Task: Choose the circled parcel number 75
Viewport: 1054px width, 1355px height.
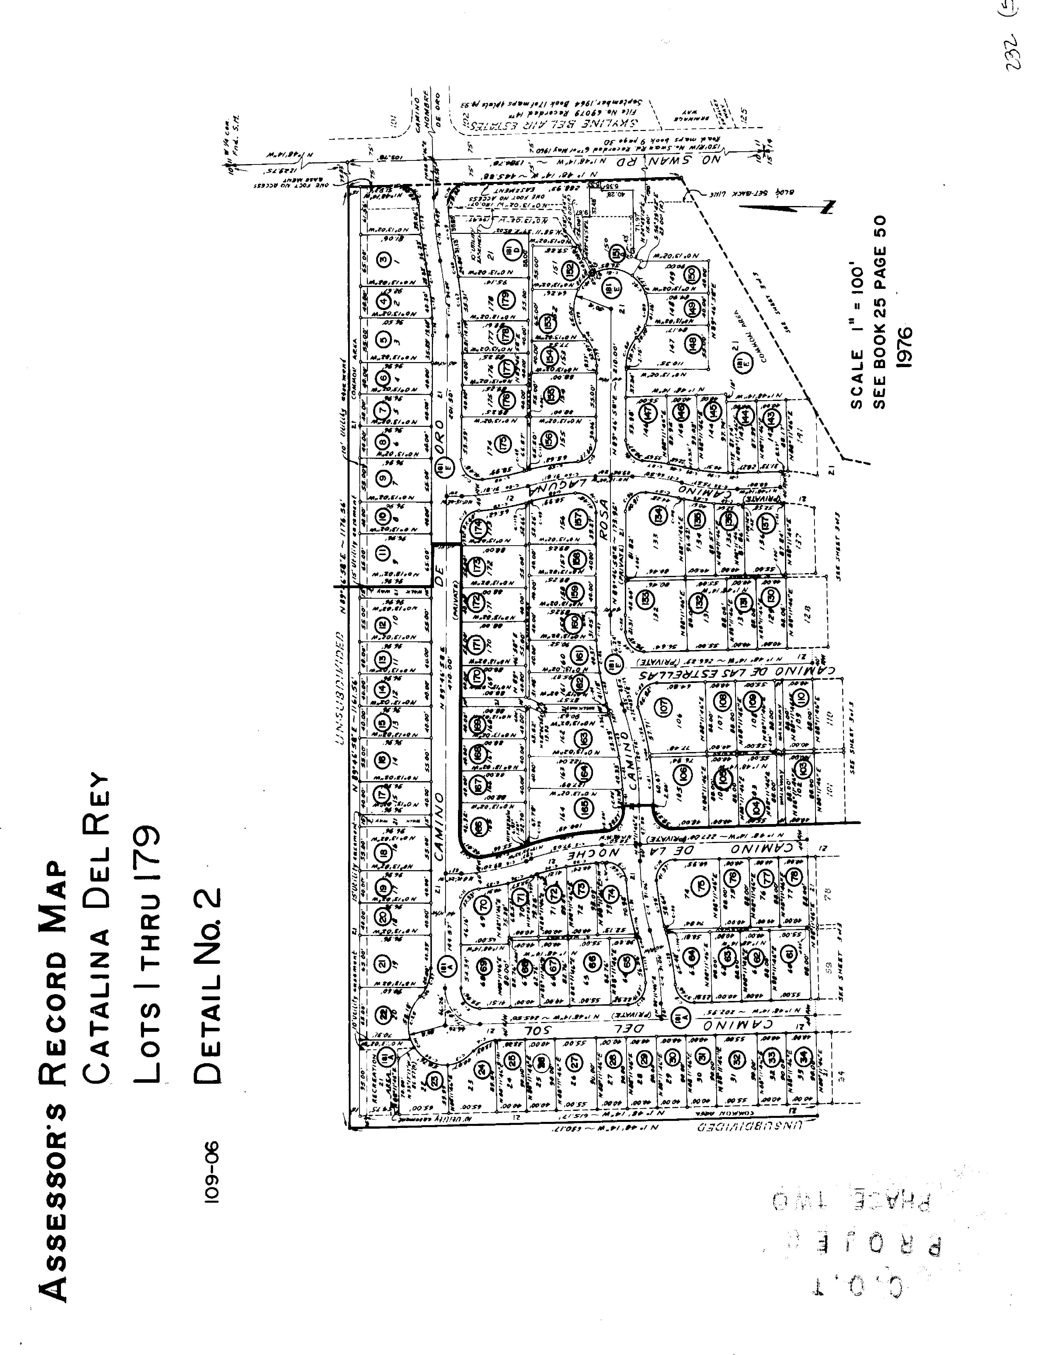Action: tap(701, 885)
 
